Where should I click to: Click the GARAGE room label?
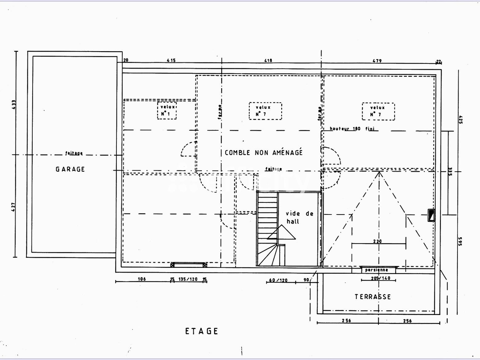pyautogui.click(x=70, y=169)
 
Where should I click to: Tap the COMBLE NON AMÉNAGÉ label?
pyautogui.click(x=263, y=153)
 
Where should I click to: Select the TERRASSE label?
pyautogui.click(x=373, y=296)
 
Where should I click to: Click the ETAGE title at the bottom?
pyautogui.click(x=202, y=331)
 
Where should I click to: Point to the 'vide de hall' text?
pyautogui.click(x=299, y=217)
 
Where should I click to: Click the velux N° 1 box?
pyautogui.click(x=167, y=111)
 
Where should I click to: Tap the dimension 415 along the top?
pyautogui.click(x=171, y=61)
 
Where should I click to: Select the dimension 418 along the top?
pyautogui.click(x=268, y=61)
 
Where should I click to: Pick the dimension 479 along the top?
pyautogui.click(x=377, y=61)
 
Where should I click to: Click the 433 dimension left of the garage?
pyautogui.click(x=13, y=104)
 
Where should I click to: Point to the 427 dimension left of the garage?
pyautogui.click(x=13, y=207)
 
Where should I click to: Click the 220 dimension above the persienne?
pyautogui.click(x=377, y=241)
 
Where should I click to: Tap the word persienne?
pyautogui.click(x=376, y=270)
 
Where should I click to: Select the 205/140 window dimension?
pyautogui.click(x=381, y=278)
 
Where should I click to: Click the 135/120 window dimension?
pyautogui.click(x=188, y=279)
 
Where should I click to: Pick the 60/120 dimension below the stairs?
pyautogui.click(x=278, y=281)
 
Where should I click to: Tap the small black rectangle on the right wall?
pyautogui.click(x=431, y=215)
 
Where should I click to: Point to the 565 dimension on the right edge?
pyautogui.click(x=460, y=241)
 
